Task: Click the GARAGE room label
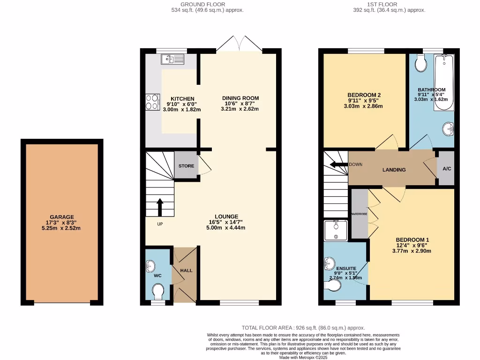click(x=62, y=217)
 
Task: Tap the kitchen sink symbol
click(x=173, y=59)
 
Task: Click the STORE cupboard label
click(x=186, y=166)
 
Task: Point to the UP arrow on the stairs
click(x=159, y=207)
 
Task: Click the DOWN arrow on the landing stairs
click(x=336, y=165)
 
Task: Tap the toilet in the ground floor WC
click(x=158, y=292)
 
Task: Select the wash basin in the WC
click(x=150, y=266)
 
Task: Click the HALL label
click(x=186, y=270)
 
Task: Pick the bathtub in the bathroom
click(x=443, y=82)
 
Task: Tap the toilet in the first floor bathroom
click(x=421, y=63)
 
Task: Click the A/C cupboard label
click(x=446, y=168)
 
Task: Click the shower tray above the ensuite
click(x=336, y=230)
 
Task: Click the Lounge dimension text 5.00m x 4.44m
click(x=227, y=228)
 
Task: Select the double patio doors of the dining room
click(x=239, y=44)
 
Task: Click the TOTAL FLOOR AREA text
click(x=303, y=328)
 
